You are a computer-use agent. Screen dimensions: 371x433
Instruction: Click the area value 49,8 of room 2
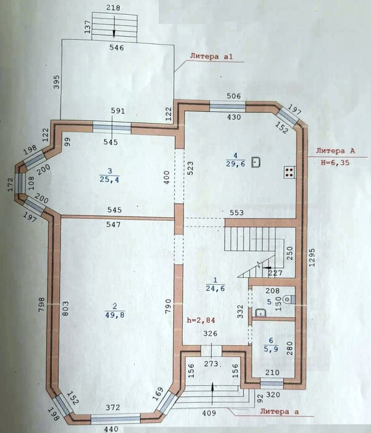point(114,314)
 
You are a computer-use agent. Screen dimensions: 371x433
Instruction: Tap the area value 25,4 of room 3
point(109,179)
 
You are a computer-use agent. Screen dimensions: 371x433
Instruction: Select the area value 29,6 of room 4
point(236,164)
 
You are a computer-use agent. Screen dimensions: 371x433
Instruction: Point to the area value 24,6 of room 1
point(215,288)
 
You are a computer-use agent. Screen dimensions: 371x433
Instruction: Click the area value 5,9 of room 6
point(271,349)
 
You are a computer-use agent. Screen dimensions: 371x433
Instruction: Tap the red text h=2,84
point(201,320)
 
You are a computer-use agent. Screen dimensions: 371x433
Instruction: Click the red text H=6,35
point(335,163)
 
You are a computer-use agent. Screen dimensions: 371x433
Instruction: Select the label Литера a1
point(211,56)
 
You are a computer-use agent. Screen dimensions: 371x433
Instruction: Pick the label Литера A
point(335,151)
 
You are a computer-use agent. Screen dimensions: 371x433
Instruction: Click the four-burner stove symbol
point(289,173)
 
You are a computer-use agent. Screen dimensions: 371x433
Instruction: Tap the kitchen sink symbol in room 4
point(256,162)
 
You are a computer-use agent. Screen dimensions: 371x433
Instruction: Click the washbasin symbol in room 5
point(260,313)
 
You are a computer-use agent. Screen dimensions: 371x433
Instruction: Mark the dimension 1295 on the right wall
point(312,257)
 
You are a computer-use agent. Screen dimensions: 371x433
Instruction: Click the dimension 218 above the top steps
point(113,7)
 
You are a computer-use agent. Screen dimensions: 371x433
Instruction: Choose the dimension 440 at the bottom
point(111,429)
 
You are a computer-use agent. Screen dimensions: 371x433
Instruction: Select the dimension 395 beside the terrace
point(56,82)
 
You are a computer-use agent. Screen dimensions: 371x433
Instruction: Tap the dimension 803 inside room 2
point(64,308)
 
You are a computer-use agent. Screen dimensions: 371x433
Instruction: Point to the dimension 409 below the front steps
point(209,413)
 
